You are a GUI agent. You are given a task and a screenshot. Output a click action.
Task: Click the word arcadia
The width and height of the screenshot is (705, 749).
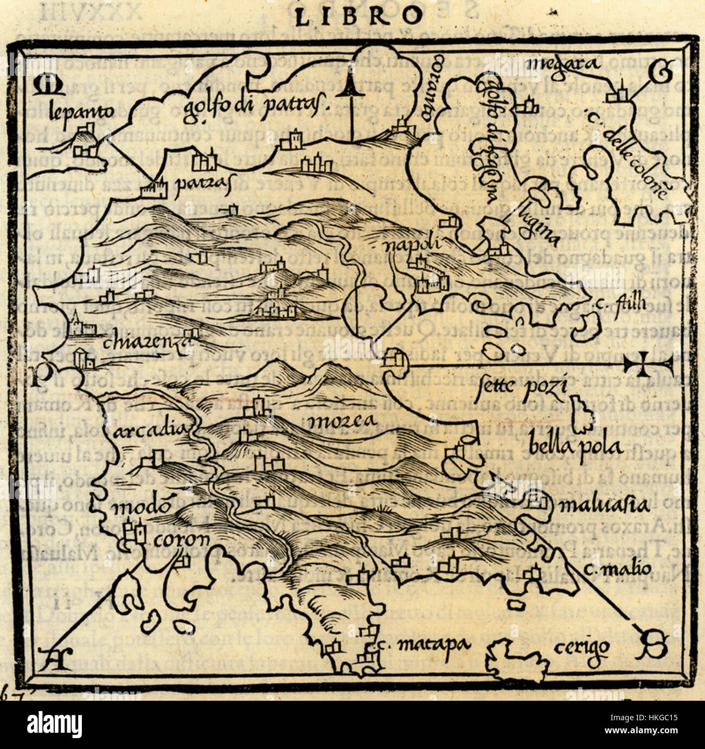tap(151, 430)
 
